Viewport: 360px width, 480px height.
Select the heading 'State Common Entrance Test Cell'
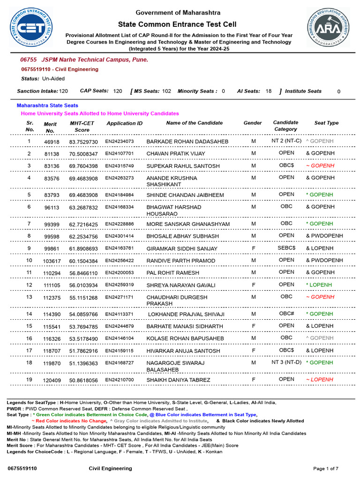[177, 24]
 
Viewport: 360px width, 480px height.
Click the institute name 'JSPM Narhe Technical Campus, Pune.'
[95, 60]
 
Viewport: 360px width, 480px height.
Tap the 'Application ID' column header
[124, 123]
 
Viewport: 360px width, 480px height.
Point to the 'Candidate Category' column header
[285, 126]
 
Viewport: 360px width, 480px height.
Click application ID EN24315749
[119, 166]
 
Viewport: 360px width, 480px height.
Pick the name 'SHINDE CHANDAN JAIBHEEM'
[185, 195]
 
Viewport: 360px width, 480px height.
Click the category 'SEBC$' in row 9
[286, 248]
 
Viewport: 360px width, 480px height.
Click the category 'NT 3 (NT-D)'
[286, 362]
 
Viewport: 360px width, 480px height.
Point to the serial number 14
[29, 314]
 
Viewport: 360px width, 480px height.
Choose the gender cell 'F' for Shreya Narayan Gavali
[254, 285]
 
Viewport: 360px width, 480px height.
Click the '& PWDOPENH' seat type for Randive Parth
[324, 261]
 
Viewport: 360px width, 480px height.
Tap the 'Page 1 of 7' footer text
[326, 468]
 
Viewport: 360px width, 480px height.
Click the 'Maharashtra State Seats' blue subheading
[47, 105]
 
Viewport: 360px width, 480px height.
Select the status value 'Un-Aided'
[53, 79]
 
